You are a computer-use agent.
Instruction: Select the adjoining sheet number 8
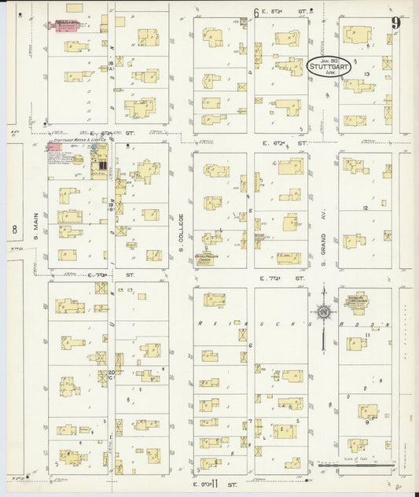coord(13,230)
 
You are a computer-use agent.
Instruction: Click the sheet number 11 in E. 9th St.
coord(212,480)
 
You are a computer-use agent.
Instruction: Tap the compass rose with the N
coord(322,315)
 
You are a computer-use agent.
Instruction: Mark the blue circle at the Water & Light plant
coord(94,147)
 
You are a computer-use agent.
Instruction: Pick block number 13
coord(367,73)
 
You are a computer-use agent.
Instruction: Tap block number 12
coord(366,207)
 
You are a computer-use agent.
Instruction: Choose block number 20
coord(111,373)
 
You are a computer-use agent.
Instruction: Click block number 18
coord(111,62)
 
